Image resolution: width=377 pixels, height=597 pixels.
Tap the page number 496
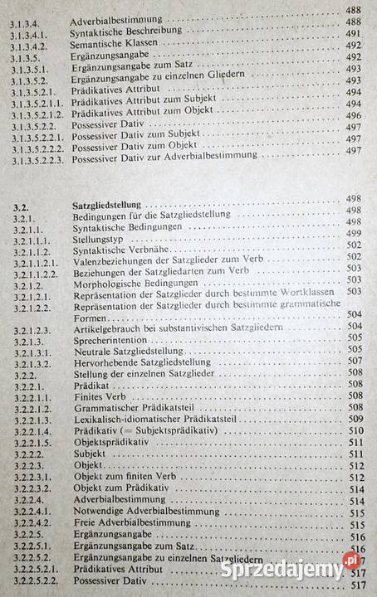coord(355,115)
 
